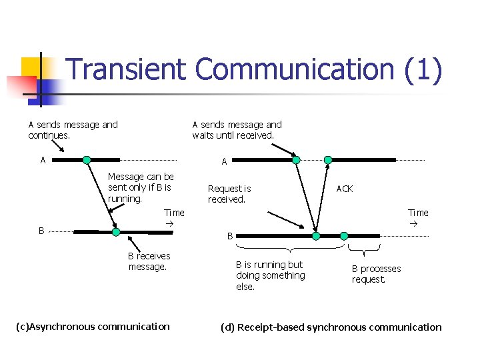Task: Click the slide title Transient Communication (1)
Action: coord(254,71)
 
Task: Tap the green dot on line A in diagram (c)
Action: coord(87,160)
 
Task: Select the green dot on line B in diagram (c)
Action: coord(116,232)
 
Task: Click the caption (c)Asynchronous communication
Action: coord(92,326)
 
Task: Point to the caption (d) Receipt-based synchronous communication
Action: coord(331,327)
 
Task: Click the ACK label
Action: coord(345,189)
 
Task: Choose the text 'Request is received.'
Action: coord(229,194)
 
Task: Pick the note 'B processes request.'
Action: coord(376,274)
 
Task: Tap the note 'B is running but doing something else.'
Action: coord(270,275)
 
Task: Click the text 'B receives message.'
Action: coord(149,261)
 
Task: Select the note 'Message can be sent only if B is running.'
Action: coord(141,187)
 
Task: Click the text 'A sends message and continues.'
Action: coord(73,130)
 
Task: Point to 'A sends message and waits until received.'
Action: coord(237,130)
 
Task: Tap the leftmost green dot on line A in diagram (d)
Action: coord(296,160)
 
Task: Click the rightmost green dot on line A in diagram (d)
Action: coord(328,160)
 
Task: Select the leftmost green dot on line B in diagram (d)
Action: coord(316,236)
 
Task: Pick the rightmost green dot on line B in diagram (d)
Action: coord(344,236)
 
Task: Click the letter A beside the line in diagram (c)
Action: coord(43,160)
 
